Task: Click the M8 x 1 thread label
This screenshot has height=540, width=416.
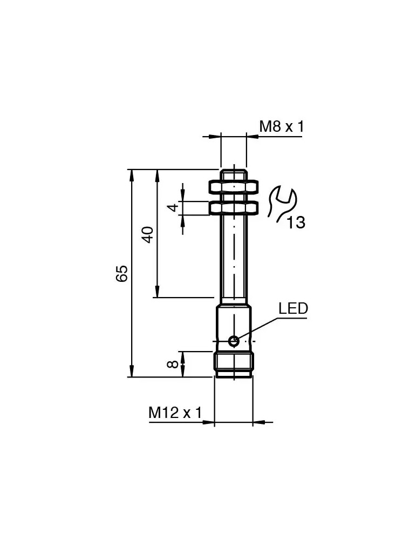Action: (282, 127)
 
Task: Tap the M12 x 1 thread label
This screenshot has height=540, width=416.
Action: (175, 413)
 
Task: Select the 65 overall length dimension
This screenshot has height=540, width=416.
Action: (122, 273)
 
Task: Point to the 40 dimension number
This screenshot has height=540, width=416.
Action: (148, 234)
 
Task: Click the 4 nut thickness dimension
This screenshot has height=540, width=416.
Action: (173, 208)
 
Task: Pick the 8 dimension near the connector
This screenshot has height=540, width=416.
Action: (173, 364)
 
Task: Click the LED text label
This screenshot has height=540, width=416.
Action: (293, 308)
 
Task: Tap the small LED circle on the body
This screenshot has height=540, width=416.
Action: (234, 341)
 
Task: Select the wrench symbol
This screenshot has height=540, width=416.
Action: (281, 202)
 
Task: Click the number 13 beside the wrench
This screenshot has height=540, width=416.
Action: (296, 222)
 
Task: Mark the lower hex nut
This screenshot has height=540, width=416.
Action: (234, 208)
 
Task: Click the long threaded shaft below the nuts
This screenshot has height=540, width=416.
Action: (234, 254)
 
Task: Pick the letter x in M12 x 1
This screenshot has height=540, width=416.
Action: (186, 414)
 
